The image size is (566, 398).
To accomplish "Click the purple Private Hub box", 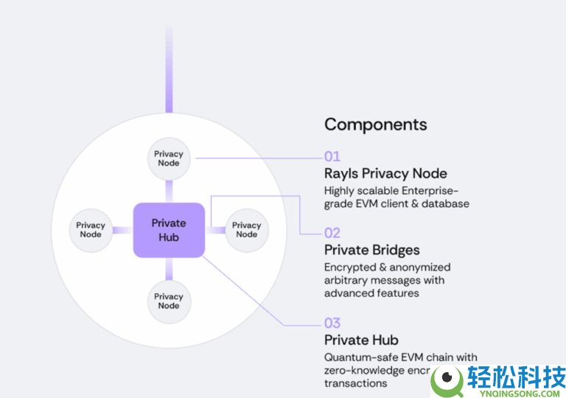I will click(x=169, y=230).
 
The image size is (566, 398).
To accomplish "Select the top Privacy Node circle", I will click(x=169, y=158).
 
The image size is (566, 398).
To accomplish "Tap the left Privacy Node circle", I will click(x=91, y=230).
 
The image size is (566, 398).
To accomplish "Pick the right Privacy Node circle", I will click(x=246, y=230).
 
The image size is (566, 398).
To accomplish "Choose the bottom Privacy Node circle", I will click(x=169, y=301).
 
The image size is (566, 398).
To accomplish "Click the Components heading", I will click(x=375, y=124).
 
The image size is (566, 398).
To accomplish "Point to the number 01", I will click(x=332, y=156).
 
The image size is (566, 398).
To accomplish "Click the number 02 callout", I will click(x=332, y=233).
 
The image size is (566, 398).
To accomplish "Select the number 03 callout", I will click(x=332, y=323).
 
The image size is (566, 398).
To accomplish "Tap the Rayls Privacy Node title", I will click(x=385, y=174).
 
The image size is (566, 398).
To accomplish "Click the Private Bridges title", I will click(x=371, y=250).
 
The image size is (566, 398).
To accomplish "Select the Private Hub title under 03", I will click(x=361, y=340).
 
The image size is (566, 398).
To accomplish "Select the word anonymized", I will click(x=418, y=267).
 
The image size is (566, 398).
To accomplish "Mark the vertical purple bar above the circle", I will click(x=169, y=70).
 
